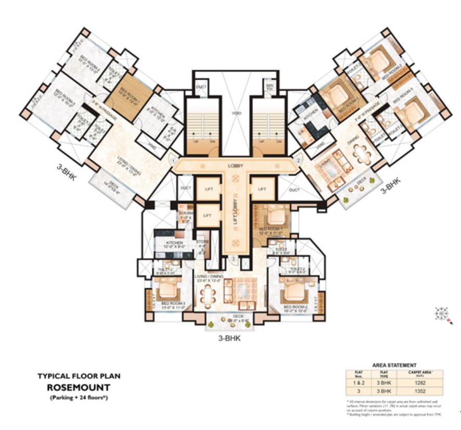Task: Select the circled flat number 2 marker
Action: tap(299, 160)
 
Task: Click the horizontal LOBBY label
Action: tap(235, 166)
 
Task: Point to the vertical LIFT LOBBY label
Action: tap(235, 210)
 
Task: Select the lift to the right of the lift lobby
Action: tap(262, 188)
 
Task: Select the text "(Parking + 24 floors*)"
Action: tap(75, 398)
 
